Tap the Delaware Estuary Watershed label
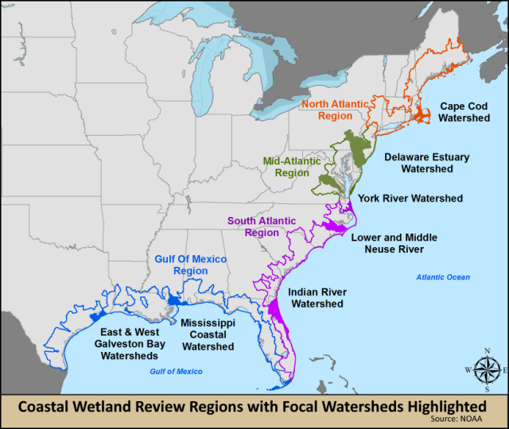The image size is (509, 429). (x=427, y=163)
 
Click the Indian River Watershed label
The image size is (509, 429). (x=317, y=298)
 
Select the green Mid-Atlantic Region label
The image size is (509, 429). (x=286, y=167)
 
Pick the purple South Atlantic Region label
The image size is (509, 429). (x=262, y=226)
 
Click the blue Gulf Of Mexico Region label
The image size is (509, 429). (x=190, y=265)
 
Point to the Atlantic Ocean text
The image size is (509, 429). (x=443, y=277)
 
